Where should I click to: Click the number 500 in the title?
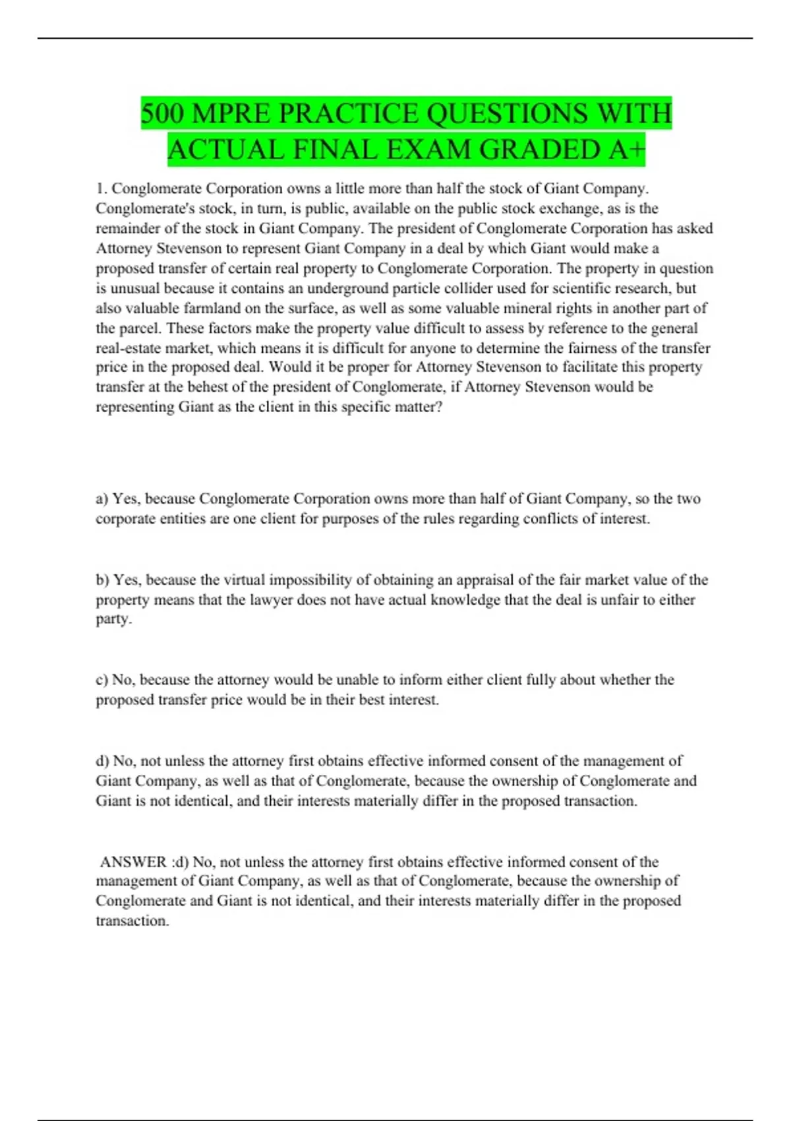(162, 113)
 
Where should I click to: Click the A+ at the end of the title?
(627, 150)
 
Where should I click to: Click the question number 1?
(101, 189)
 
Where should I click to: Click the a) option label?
(102, 499)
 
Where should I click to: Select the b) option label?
(102, 580)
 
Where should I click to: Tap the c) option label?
(102, 680)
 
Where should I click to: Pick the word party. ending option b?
(113, 619)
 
